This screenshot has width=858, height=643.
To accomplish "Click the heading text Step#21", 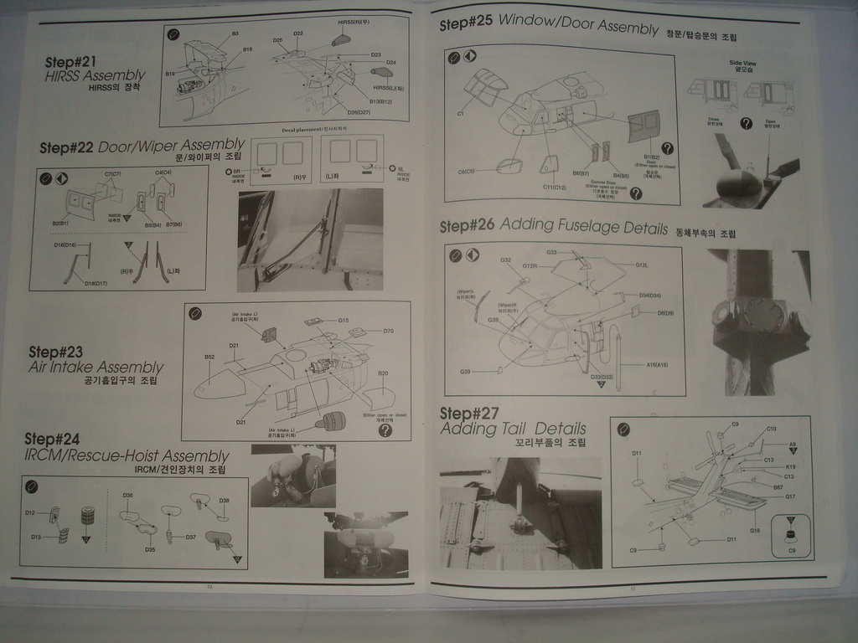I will coord(74,62).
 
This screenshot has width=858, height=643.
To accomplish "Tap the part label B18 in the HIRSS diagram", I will coord(247,49).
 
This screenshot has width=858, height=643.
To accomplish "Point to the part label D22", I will coord(298,33).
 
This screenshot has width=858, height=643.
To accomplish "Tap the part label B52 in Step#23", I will coord(209,357).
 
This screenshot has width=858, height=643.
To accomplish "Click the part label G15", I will coord(343,320).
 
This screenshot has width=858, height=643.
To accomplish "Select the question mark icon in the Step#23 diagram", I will coord(385,430).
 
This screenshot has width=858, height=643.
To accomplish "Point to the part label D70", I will coord(388,331).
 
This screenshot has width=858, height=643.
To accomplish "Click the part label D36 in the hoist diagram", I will coord(127,496).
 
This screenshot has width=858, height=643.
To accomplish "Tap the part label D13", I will coord(36,537).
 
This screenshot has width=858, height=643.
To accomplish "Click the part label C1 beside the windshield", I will coord(461,113).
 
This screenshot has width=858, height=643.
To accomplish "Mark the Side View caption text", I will coord(742,63).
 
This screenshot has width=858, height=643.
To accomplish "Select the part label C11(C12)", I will coord(555,187).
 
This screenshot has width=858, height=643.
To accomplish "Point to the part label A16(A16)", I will coord(657,364).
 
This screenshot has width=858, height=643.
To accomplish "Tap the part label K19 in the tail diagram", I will coord(791,467).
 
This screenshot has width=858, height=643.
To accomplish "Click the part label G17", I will coord(789,496).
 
